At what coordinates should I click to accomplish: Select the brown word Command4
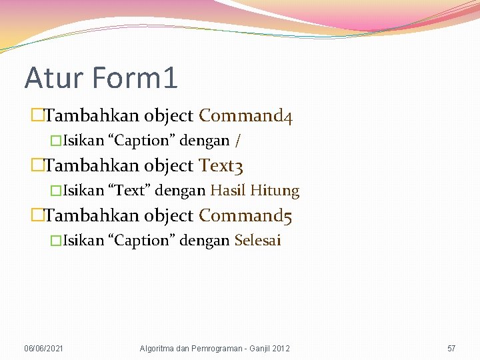pyautogui.click(x=246, y=116)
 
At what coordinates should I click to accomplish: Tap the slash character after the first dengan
pyautogui.click(x=238, y=141)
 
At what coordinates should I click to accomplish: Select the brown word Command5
pyautogui.click(x=246, y=215)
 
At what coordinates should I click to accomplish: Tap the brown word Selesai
pyautogui.click(x=257, y=241)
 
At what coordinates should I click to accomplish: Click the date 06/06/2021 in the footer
pyautogui.click(x=44, y=349)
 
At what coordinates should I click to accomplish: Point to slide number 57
pyautogui.click(x=451, y=349)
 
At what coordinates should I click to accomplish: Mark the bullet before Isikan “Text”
pyautogui.click(x=56, y=191)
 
